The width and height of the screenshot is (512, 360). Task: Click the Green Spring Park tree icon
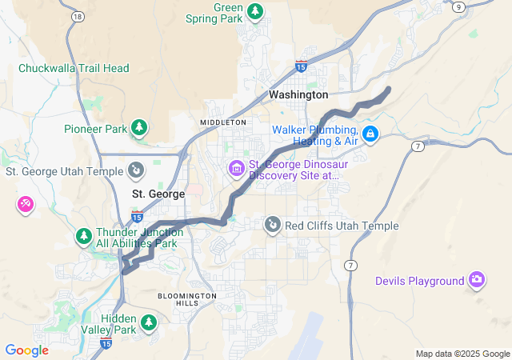[x=255, y=11]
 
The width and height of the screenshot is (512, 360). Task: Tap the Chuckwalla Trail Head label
[x=74, y=68]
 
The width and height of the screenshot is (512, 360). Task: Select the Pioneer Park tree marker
[x=139, y=127]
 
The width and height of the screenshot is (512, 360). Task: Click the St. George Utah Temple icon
[x=136, y=170]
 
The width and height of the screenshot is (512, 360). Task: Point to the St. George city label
[x=158, y=194]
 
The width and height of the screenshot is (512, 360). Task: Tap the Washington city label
[x=298, y=94]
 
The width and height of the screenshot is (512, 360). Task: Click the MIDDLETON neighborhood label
[x=223, y=122]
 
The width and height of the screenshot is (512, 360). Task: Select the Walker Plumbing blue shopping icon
[x=370, y=134]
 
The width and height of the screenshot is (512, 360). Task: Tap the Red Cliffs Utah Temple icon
[x=273, y=226]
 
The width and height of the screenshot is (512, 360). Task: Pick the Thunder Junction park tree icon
[x=83, y=237]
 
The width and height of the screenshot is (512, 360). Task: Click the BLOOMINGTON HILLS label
[x=186, y=299]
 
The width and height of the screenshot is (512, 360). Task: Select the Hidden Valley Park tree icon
[x=148, y=322]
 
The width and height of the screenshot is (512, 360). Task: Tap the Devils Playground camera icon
[x=477, y=280]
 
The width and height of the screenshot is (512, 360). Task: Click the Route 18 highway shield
[x=77, y=16]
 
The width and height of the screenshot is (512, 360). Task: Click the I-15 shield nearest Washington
[x=301, y=66]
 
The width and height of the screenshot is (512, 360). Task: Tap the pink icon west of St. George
[x=25, y=205]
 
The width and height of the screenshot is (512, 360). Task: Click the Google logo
[x=26, y=350]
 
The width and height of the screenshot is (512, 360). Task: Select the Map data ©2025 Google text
[x=463, y=354]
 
